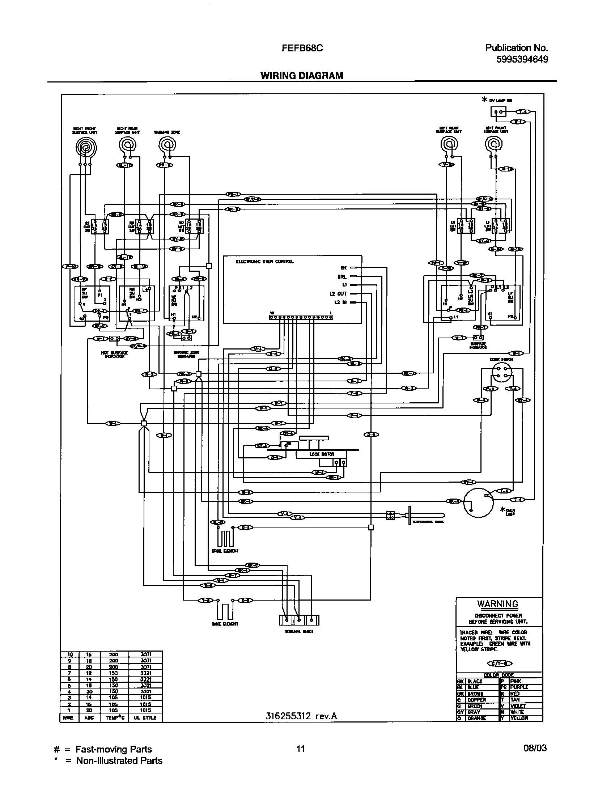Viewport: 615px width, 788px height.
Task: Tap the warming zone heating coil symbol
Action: point(167,145)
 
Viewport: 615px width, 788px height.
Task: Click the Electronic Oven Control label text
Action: point(264,261)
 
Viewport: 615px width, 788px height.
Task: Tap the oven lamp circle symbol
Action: point(478,503)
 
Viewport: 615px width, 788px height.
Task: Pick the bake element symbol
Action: point(225,611)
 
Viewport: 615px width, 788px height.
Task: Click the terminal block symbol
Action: point(299,620)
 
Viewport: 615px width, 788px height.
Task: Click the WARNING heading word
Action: point(498,604)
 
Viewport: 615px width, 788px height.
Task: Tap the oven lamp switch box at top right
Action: point(497,112)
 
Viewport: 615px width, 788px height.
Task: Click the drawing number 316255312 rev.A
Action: point(301,716)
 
